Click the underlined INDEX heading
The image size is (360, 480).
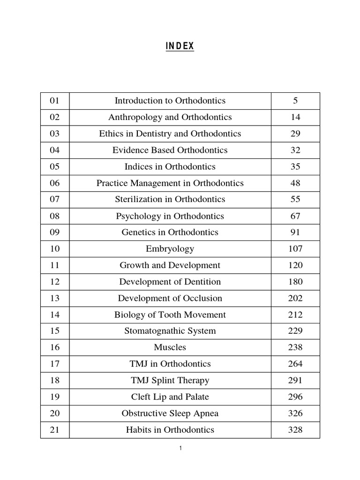[x=180, y=46]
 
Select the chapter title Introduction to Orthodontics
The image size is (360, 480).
[x=170, y=101]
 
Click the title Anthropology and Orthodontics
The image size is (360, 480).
[x=170, y=117]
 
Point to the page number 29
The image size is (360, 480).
[x=295, y=134]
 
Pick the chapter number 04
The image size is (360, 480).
[x=55, y=150]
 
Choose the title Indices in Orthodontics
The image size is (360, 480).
[x=170, y=166]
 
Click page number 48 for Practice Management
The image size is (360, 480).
[x=295, y=183]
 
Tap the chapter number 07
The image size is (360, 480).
[x=55, y=199]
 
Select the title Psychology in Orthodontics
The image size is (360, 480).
[x=170, y=216]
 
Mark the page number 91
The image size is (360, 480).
[x=295, y=232]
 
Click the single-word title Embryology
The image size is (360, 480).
[x=170, y=249]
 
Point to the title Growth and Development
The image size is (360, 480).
[x=170, y=265]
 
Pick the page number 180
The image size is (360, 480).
[x=295, y=282]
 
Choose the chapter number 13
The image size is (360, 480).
[x=55, y=298]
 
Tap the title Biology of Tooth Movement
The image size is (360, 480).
[x=170, y=315]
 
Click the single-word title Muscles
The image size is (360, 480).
[x=170, y=347]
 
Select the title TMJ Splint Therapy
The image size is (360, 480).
[x=170, y=380]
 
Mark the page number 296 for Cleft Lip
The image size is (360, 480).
[x=295, y=397]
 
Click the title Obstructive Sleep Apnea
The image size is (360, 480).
[x=170, y=413]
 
